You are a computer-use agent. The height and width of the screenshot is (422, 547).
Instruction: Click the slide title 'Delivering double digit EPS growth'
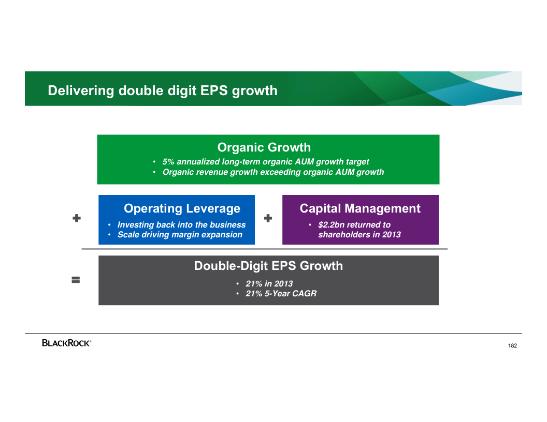coord(163,91)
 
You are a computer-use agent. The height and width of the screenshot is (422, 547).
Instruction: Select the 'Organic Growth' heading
coord(264,147)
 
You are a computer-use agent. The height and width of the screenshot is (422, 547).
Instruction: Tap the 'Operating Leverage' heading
coord(182,208)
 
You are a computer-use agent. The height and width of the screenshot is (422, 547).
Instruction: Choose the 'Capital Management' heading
coord(360,208)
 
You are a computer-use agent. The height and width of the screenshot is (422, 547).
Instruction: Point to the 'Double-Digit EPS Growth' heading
coord(269,266)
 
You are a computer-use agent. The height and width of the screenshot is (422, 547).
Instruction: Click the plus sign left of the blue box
coord(77,218)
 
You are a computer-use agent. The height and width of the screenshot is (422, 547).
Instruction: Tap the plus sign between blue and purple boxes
coord(268,218)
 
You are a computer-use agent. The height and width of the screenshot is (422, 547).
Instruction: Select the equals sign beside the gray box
coord(76,280)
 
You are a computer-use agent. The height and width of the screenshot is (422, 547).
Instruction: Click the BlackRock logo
coord(67,343)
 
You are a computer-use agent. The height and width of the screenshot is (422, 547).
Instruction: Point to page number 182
coord(512,346)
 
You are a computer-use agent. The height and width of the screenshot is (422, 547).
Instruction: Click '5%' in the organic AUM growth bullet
coord(168,161)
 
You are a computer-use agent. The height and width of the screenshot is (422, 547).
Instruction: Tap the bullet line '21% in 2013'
coord(269,284)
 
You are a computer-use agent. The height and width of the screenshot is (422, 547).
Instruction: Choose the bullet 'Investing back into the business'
coord(181,224)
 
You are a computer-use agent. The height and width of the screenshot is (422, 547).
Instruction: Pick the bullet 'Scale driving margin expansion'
coord(180,235)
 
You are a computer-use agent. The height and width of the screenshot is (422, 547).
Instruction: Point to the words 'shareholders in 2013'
coord(359,235)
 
